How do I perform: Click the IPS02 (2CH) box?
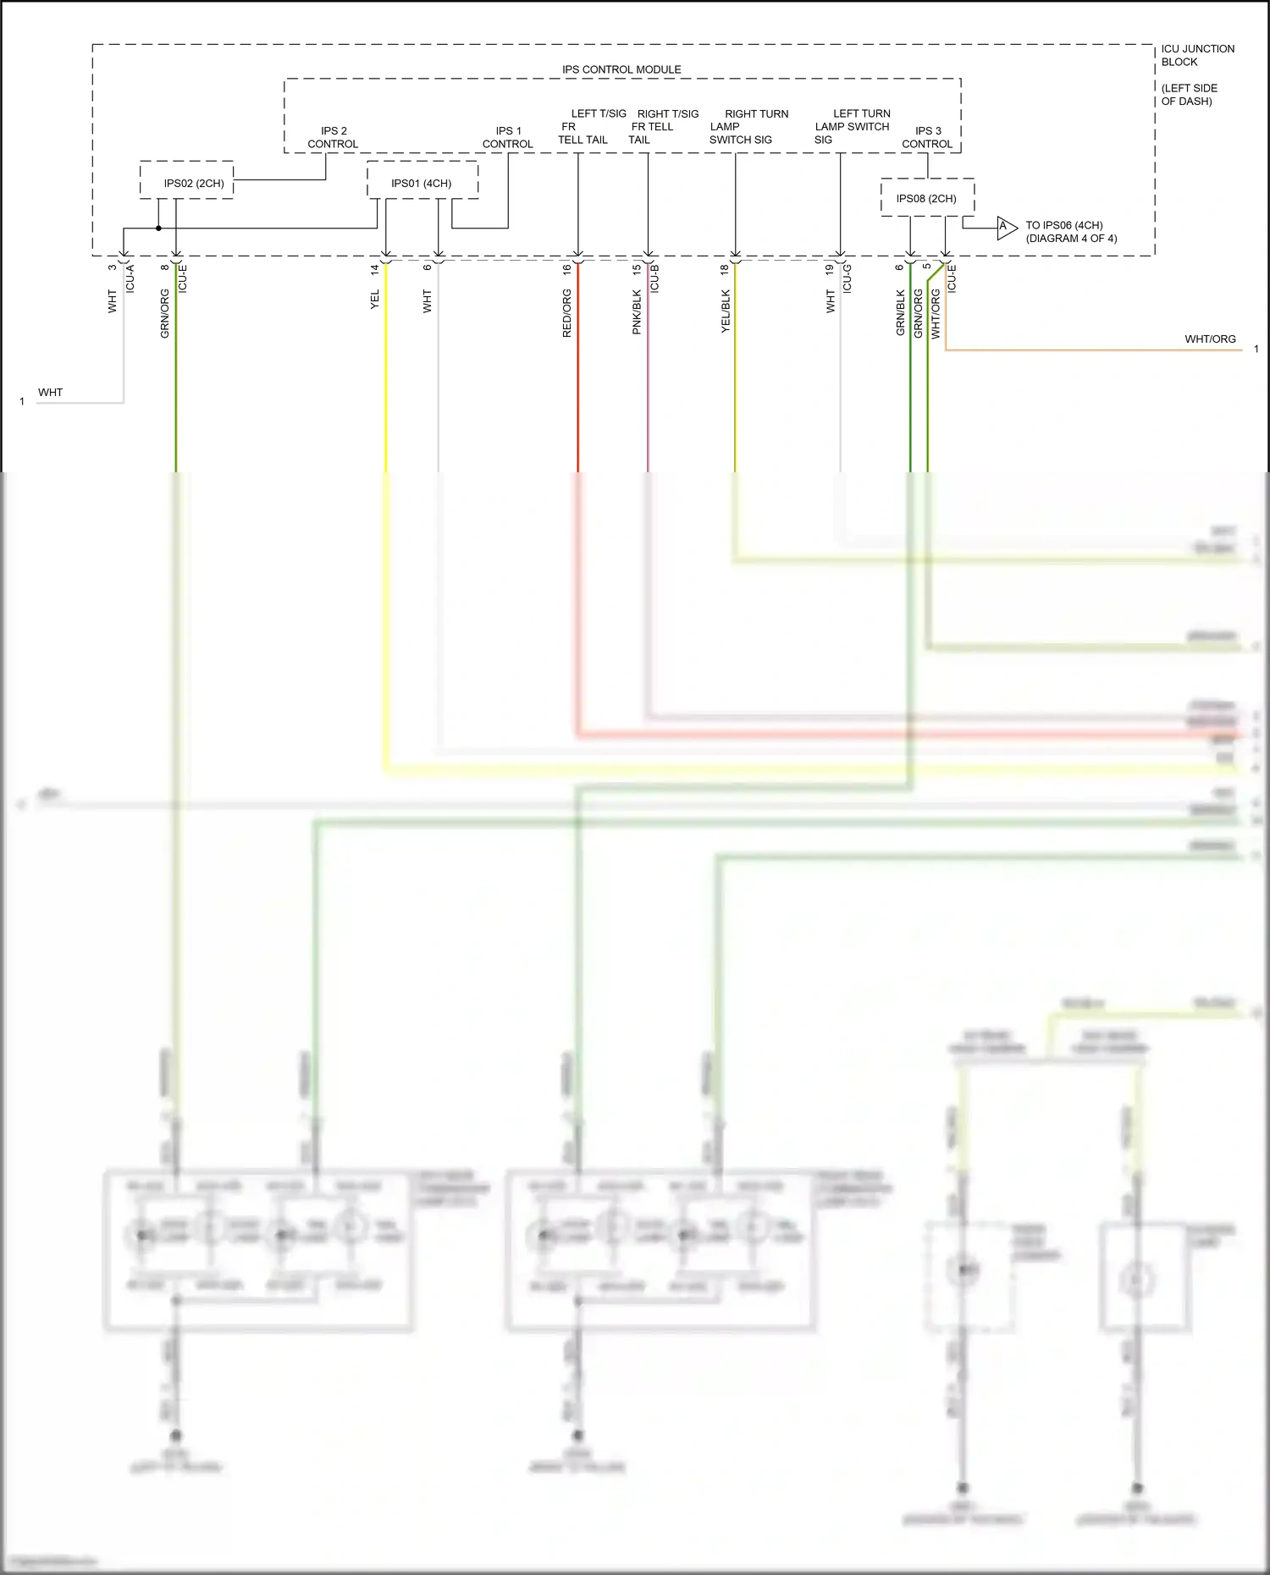pyautogui.click(x=186, y=180)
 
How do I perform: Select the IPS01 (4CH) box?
pyautogui.click(x=422, y=180)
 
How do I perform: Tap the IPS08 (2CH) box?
pyautogui.click(x=927, y=198)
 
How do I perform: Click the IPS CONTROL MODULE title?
pyautogui.click(x=621, y=69)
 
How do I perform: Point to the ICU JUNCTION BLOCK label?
pyautogui.click(x=1197, y=55)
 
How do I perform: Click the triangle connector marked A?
pyautogui.click(x=1006, y=227)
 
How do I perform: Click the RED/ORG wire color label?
pyautogui.click(x=567, y=313)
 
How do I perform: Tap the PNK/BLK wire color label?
pyautogui.click(x=637, y=312)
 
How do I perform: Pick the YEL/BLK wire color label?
pyautogui.click(x=725, y=311)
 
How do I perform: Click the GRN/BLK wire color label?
pyautogui.click(x=900, y=312)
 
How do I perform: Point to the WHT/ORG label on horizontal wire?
pyautogui.click(x=1210, y=339)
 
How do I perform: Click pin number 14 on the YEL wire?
pyautogui.click(x=374, y=269)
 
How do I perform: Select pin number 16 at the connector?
pyautogui.click(x=567, y=269)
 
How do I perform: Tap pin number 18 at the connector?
pyautogui.click(x=724, y=269)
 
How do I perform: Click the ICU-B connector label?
pyautogui.click(x=654, y=278)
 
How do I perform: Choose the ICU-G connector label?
pyautogui.click(x=848, y=278)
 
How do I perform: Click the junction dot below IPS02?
pyautogui.click(x=158, y=228)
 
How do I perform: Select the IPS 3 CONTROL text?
pyautogui.click(x=927, y=137)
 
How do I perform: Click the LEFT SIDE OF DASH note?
pyautogui.click(x=1188, y=94)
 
